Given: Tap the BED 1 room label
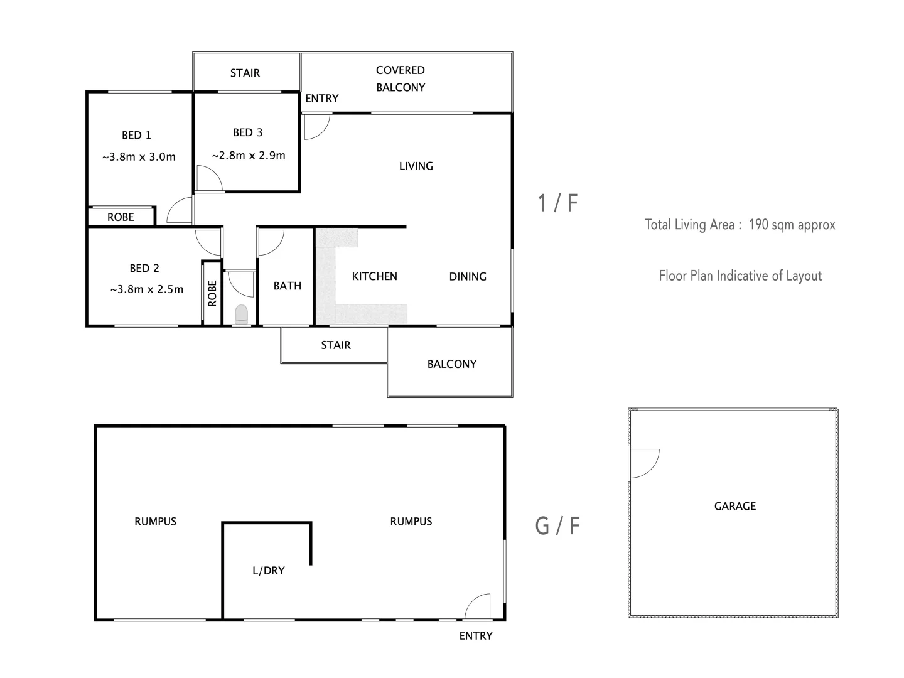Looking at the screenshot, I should tap(136, 135).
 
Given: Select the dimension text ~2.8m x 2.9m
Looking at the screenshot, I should tap(249, 155).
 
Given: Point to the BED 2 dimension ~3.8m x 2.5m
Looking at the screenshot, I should tap(147, 289).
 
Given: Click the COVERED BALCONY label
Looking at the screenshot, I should tap(401, 79).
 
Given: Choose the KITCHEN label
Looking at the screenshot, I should tap(374, 276).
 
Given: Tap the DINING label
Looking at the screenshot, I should tap(468, 276).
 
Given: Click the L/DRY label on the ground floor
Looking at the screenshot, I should tap(268, 571).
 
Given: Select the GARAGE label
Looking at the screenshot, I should tap(734, 506).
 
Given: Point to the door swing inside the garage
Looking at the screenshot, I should tap(643, 463).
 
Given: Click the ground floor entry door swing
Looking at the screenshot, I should tap(478, 606).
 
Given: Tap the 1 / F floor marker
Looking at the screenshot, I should tap(557, 203).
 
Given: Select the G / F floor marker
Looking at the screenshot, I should tap(557, 525).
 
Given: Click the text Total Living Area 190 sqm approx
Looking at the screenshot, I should tap(740, 225).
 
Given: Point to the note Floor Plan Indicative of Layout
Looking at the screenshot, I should tap(740, 276).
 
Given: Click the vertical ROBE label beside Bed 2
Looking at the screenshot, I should tap(212, 293).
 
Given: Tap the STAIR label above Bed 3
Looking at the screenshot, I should tap(245, 73).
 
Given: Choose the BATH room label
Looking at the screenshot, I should tap(287, 286).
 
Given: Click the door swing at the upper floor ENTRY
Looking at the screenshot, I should tap(315, 126).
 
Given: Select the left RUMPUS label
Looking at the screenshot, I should tap(155, 521).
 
